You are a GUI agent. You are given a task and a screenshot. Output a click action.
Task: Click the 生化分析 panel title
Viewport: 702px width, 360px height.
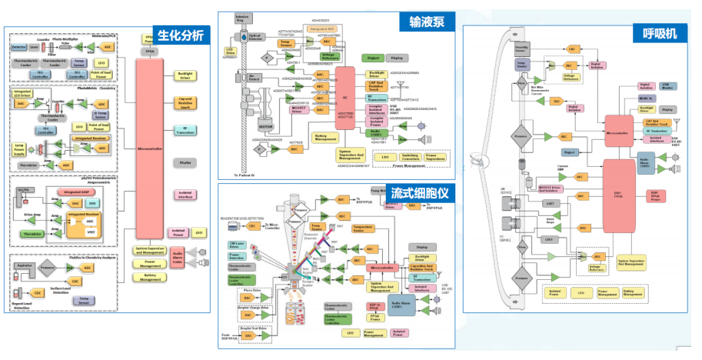point(181,35)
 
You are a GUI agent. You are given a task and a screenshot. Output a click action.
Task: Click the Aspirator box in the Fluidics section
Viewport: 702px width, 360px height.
point(28,267)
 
